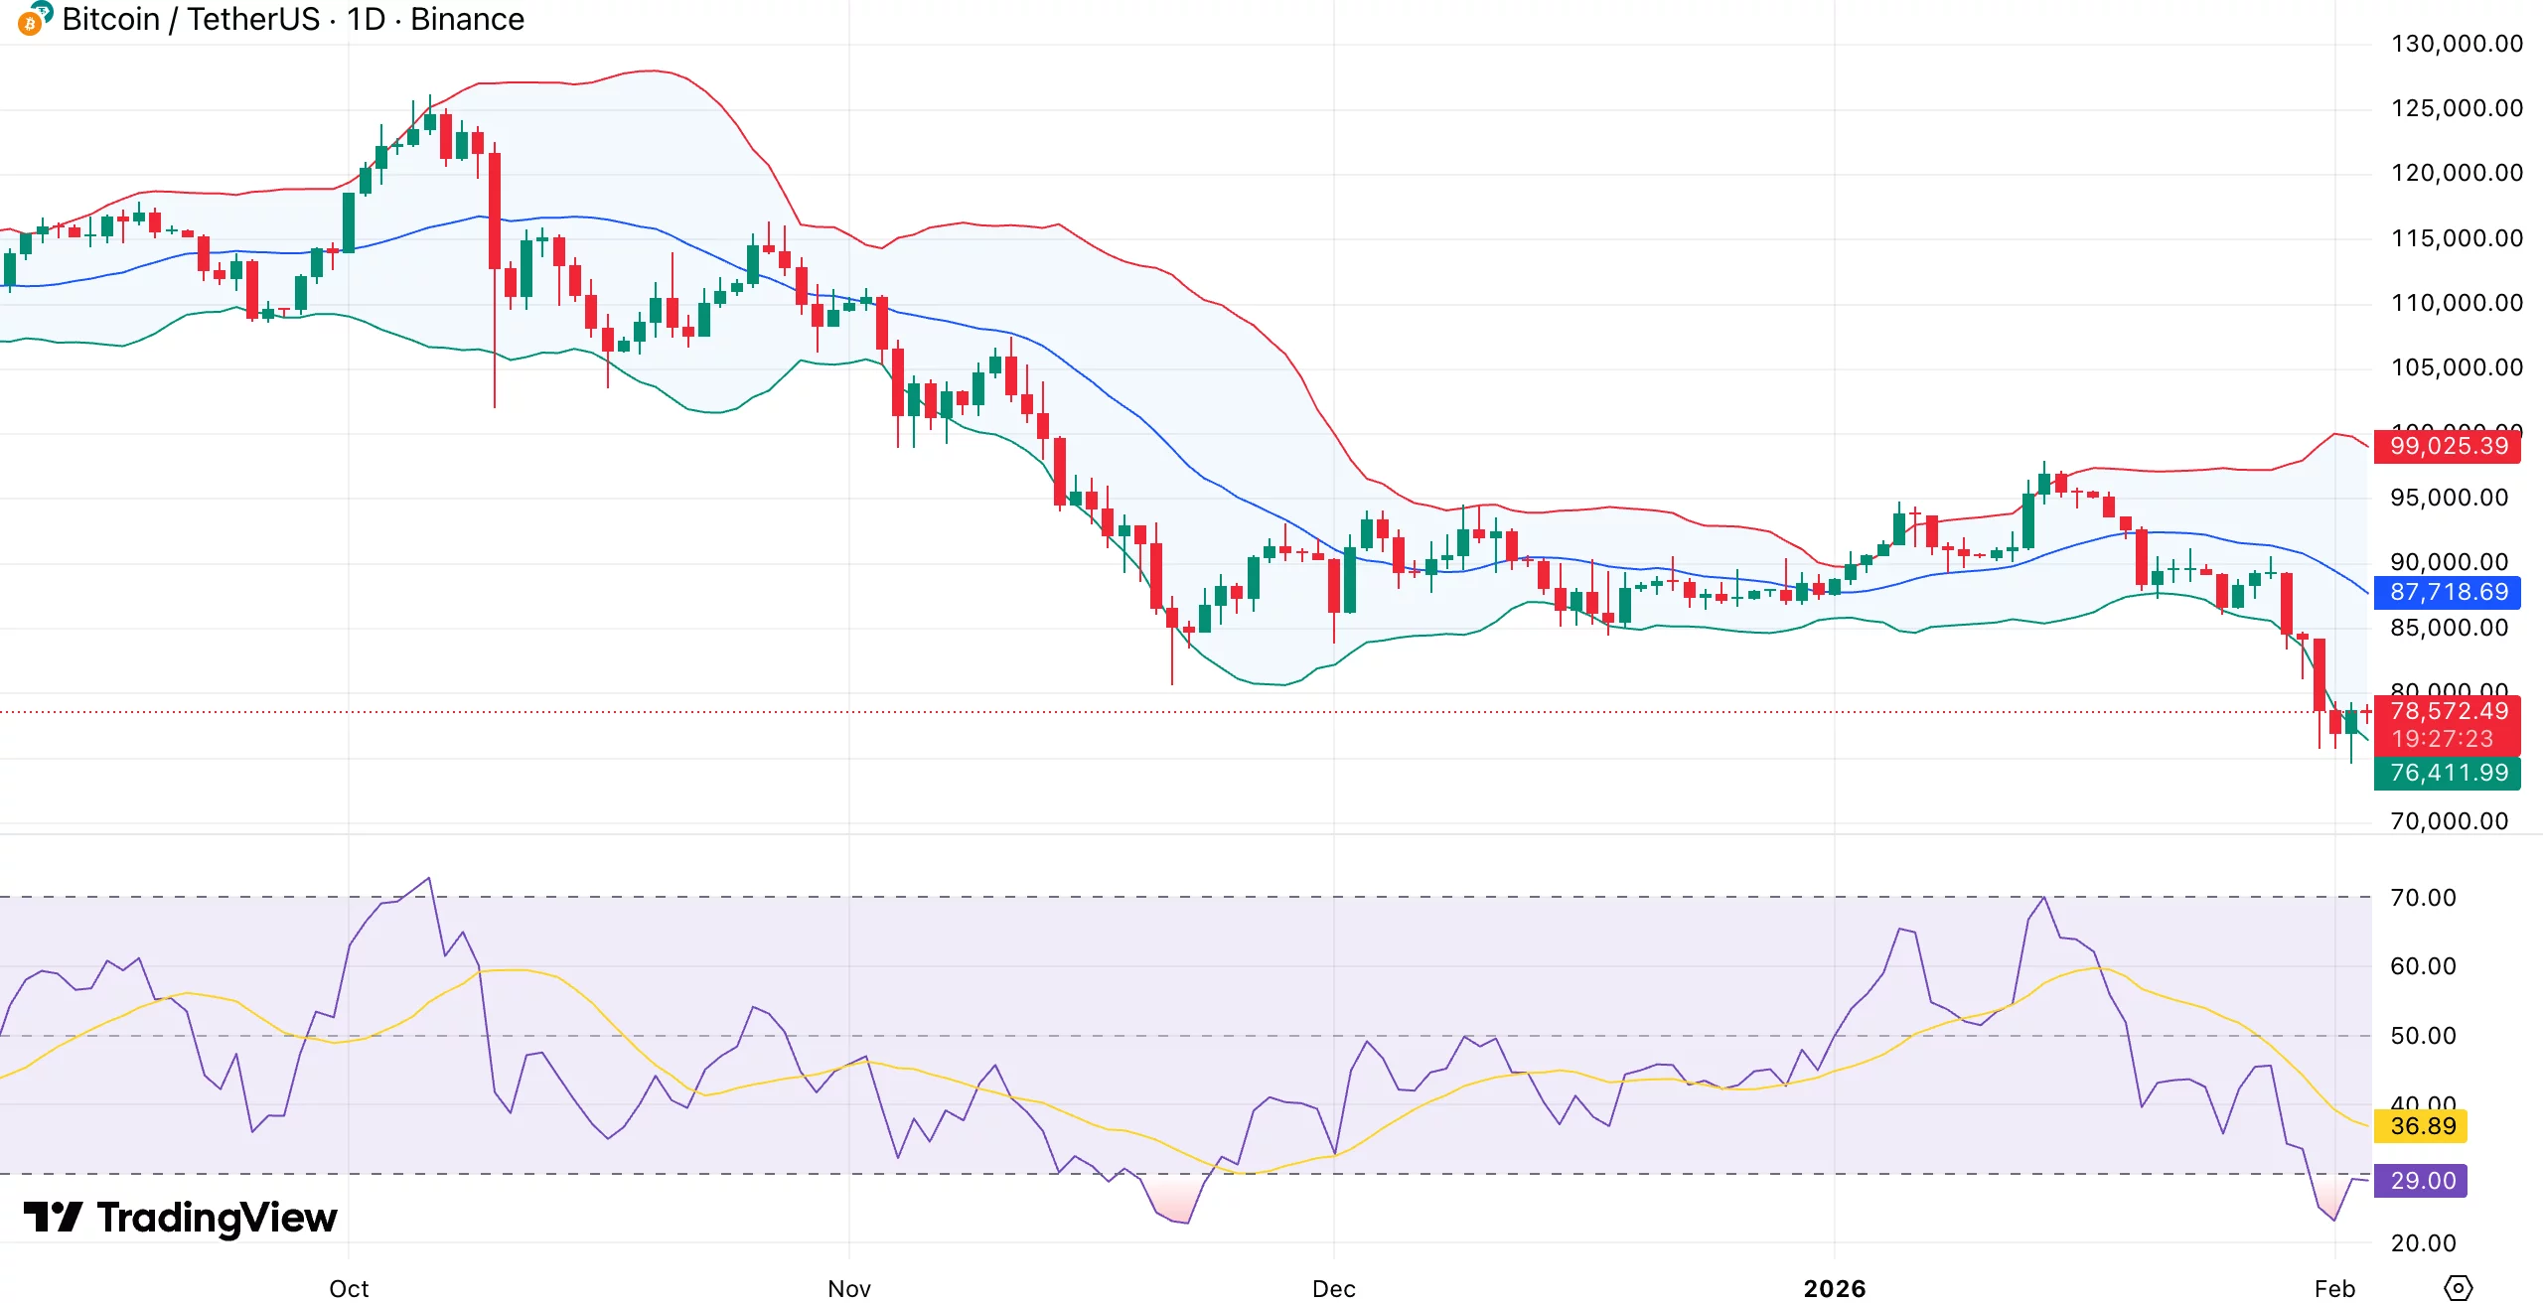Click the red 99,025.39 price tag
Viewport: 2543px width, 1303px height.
2447,446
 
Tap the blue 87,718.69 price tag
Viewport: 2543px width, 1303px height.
2447,593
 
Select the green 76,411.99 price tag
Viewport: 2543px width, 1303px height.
2447,773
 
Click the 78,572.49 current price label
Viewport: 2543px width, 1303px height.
2447,711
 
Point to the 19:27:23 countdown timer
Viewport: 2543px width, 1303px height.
2443,739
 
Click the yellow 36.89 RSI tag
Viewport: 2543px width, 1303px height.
2421,1126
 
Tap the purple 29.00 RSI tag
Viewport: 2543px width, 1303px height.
2421,1181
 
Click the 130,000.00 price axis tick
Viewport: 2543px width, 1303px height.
2456,44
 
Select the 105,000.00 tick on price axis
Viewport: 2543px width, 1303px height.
2456,367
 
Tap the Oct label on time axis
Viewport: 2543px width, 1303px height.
349,1288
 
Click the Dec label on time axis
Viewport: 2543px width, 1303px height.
1333,1288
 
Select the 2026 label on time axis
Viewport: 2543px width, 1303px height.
1834,1288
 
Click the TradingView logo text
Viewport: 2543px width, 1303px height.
217,1218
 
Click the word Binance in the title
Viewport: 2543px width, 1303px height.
467,20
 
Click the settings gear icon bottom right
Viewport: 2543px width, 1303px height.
2458,1288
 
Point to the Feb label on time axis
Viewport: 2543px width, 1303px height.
2334,1288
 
